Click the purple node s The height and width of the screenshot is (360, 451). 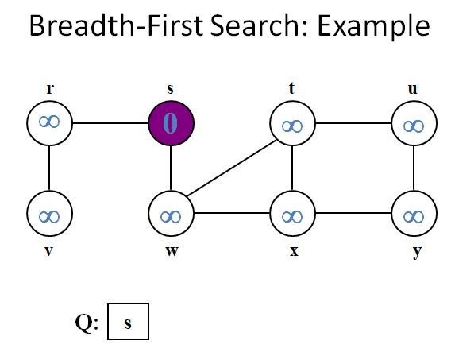[x=171, y=124]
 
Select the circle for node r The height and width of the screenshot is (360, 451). [x=50, y=124]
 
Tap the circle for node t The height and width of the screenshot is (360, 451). [x=293, y=124]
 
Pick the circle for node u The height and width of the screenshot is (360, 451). [x=414, y=124]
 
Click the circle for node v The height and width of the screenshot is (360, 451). [x=50, y=215]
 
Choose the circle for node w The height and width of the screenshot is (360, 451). [x=171, y=215]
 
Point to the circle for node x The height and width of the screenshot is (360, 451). [x=293, y=215]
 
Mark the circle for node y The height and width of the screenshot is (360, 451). [x=414, y=215]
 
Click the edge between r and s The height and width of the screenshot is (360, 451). [x=110, y=124]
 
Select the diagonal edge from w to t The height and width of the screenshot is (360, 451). [x=232, y=169]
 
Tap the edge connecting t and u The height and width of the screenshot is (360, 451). [x=353, y=124]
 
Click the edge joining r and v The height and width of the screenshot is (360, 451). [x=50, y=169]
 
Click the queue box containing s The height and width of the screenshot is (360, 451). [x=128, y=323]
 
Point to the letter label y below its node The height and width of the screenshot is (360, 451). [x=414, y=253]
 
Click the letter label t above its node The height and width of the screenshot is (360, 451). [x=292, y=88]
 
